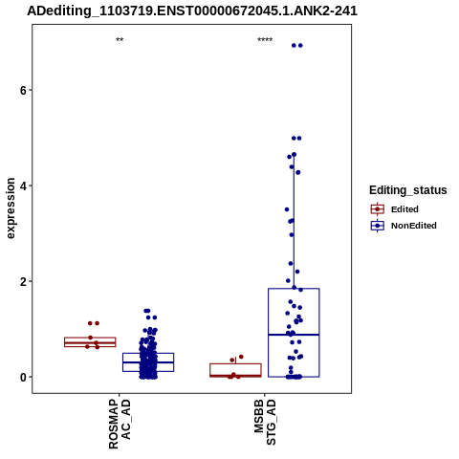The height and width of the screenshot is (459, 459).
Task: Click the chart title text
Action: click(192, 11)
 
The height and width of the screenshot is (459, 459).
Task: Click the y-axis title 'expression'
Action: click(11, 208)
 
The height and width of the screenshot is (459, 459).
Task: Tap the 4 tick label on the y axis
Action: click(23, 186)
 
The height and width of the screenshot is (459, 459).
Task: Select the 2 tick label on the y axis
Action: click(23, 281)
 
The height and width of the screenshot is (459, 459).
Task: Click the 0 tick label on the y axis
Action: click(23, 377)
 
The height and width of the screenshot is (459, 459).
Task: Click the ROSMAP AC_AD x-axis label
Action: click(120, 424)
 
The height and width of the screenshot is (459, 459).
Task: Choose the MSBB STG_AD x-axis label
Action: click(265, 422)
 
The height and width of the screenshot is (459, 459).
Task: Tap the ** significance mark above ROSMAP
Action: click(120, 40)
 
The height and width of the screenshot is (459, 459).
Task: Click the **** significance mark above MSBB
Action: click(265, 40)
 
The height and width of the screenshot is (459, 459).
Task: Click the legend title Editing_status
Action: click(408, 190)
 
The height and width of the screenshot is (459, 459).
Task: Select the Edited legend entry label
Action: click(404, 209)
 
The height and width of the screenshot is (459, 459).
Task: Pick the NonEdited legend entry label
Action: click(414, 226)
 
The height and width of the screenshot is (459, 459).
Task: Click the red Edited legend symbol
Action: click(378, 209)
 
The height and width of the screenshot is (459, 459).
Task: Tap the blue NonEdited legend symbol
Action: click(378, 226)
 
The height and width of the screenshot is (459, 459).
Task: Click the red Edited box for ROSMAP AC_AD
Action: click(90, 342)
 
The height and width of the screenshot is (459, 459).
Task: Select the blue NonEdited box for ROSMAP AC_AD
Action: click(148, 362)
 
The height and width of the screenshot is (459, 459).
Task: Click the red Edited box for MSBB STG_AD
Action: click(235, 370)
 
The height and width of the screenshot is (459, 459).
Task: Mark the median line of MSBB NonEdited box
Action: click(294, 335)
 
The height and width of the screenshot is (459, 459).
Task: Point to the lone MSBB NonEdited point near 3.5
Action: click(287, 209)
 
